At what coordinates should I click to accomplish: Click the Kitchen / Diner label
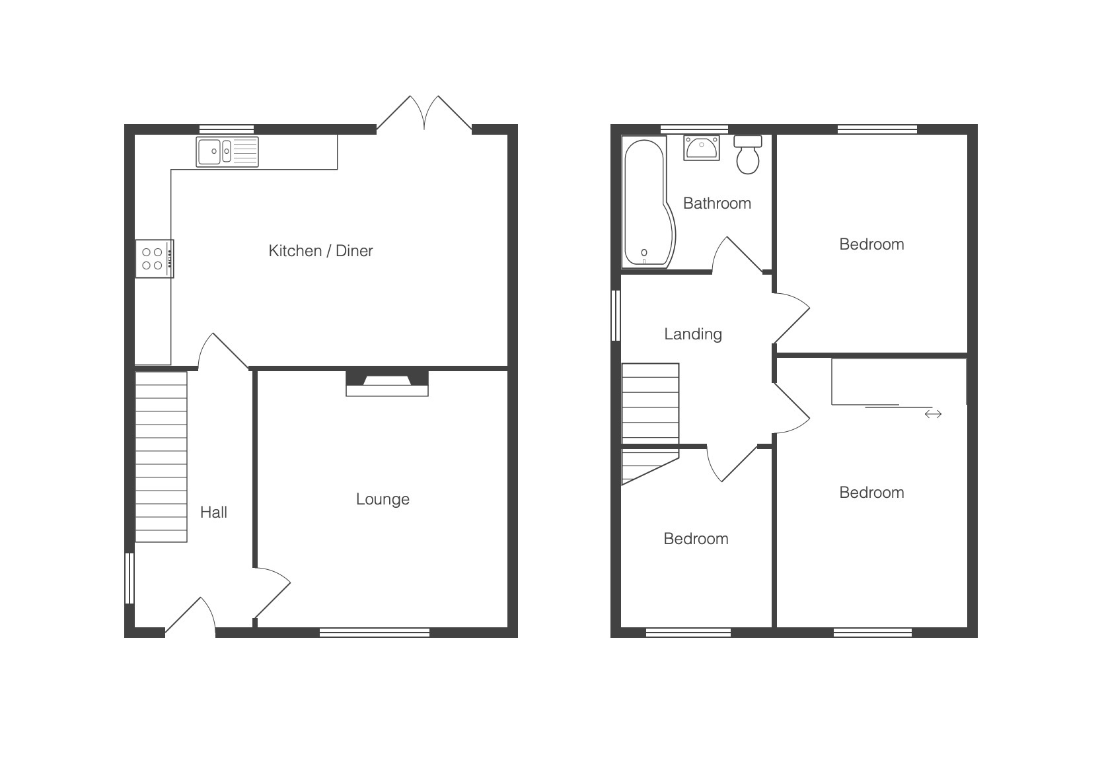pos(321,251)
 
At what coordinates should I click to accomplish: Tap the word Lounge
pos(383,499)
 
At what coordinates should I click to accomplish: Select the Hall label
pos(213,512)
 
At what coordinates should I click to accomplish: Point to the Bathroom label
pos(717,203)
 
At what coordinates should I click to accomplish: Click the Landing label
pos(693,334)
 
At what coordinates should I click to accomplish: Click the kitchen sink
pos(227,152)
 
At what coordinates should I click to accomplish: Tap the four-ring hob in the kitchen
pos(155,259)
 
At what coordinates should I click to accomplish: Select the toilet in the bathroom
pos(748,155)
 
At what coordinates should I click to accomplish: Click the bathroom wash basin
pos(702,148)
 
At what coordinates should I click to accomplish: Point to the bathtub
pos(648,202)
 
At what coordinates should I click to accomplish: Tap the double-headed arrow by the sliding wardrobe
pos(934,414)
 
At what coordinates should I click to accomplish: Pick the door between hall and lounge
pos(272,593)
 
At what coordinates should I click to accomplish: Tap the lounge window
pos(375,633)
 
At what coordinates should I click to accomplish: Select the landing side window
pos(616,315)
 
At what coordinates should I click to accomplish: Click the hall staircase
pos(161,457)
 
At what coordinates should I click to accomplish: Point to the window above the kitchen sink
pos(227,129)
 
